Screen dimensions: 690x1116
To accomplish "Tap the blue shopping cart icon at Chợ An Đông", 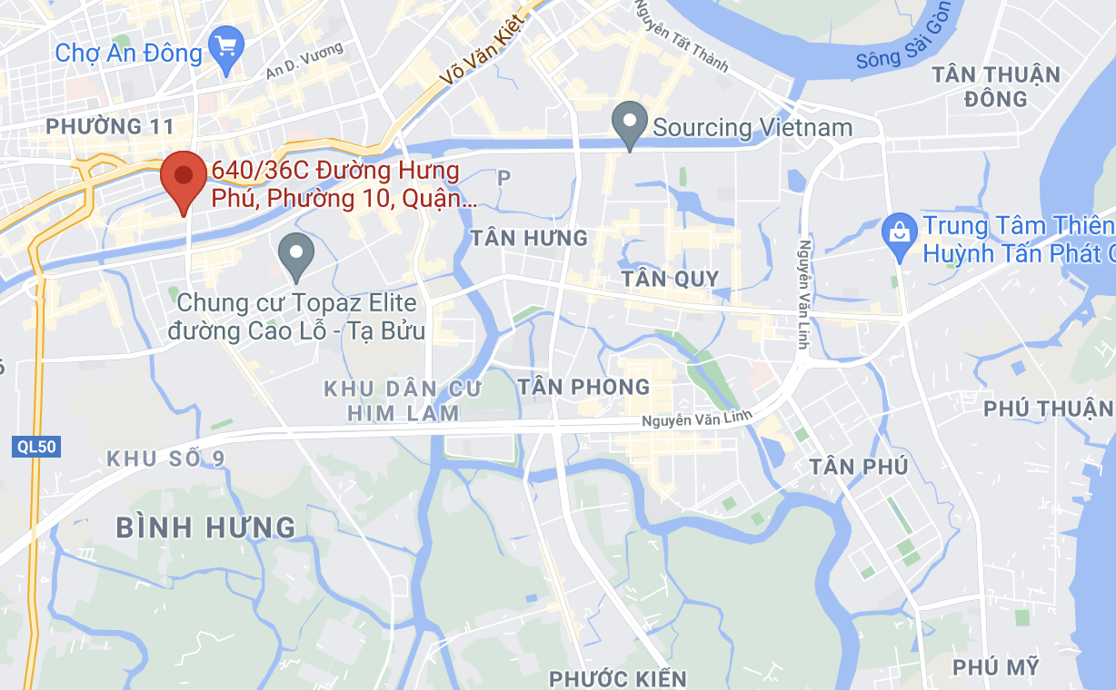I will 224,44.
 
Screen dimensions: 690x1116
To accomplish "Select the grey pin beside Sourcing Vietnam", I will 629,123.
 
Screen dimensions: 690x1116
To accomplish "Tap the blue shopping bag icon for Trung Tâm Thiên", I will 899,232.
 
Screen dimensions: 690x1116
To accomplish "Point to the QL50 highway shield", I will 37,447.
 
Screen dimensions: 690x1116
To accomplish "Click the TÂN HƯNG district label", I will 529,238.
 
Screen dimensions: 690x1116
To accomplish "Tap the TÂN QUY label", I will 670,279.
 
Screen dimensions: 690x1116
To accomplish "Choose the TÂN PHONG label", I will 583,388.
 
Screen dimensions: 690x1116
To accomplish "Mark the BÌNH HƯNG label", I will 206,527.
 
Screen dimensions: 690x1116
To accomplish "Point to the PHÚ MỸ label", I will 996,667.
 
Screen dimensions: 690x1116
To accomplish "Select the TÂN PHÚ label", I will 859,467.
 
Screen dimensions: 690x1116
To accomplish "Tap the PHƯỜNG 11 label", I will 109,126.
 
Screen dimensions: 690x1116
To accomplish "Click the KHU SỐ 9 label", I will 165,458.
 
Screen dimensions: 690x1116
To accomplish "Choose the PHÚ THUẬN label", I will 1048,409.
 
